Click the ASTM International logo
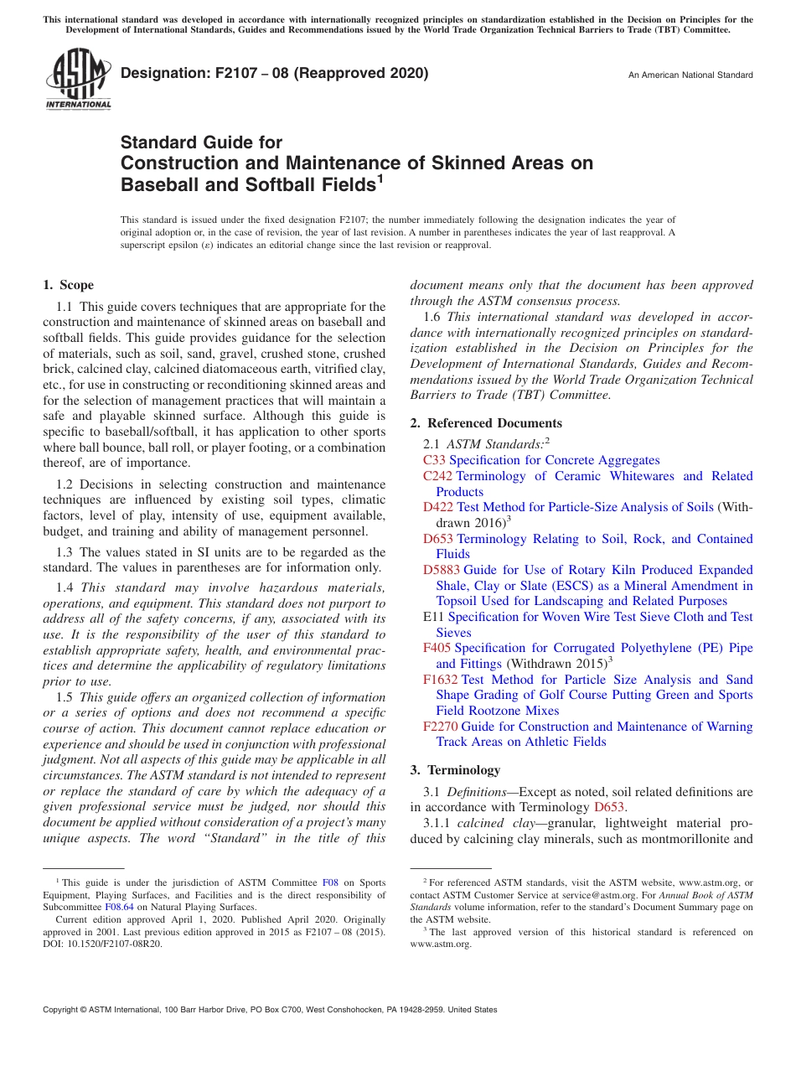point(78,79)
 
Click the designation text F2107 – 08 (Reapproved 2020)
point(274,73)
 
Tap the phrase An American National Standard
point(690,75)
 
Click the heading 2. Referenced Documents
point(486,423)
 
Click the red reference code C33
point(435,460)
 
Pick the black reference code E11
point(433,617)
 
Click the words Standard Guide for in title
point(201,142)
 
